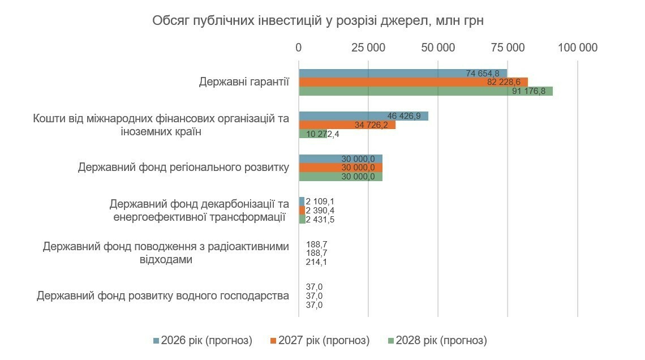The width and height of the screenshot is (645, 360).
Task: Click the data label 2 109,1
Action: point(320,202)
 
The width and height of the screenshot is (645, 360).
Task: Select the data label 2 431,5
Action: point(320,220)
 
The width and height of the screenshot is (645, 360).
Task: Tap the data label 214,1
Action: point(316,262)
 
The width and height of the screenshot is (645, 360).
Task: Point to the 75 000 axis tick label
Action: point(508,48)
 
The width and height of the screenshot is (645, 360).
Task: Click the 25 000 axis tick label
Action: point(368,48)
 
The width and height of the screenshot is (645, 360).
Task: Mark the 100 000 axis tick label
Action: point(578,48)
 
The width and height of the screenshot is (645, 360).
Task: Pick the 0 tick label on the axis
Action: point(299,48)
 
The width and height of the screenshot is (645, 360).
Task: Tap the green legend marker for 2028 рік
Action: point(391,341)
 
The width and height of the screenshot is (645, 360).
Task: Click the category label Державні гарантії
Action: point(244,82)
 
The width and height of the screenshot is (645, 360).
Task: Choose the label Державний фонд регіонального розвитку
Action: point(184,168)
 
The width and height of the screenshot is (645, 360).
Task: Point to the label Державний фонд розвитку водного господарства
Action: point(163,295)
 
